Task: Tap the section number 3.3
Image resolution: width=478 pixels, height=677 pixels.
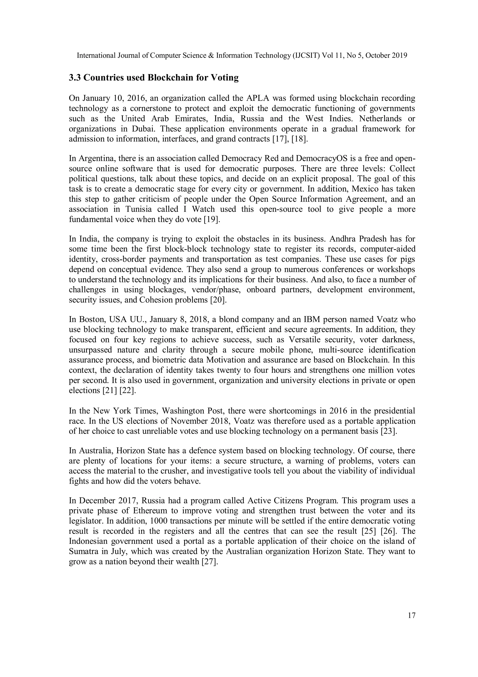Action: pos(75,78)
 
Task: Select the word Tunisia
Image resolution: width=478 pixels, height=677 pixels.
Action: pos(138,209)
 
